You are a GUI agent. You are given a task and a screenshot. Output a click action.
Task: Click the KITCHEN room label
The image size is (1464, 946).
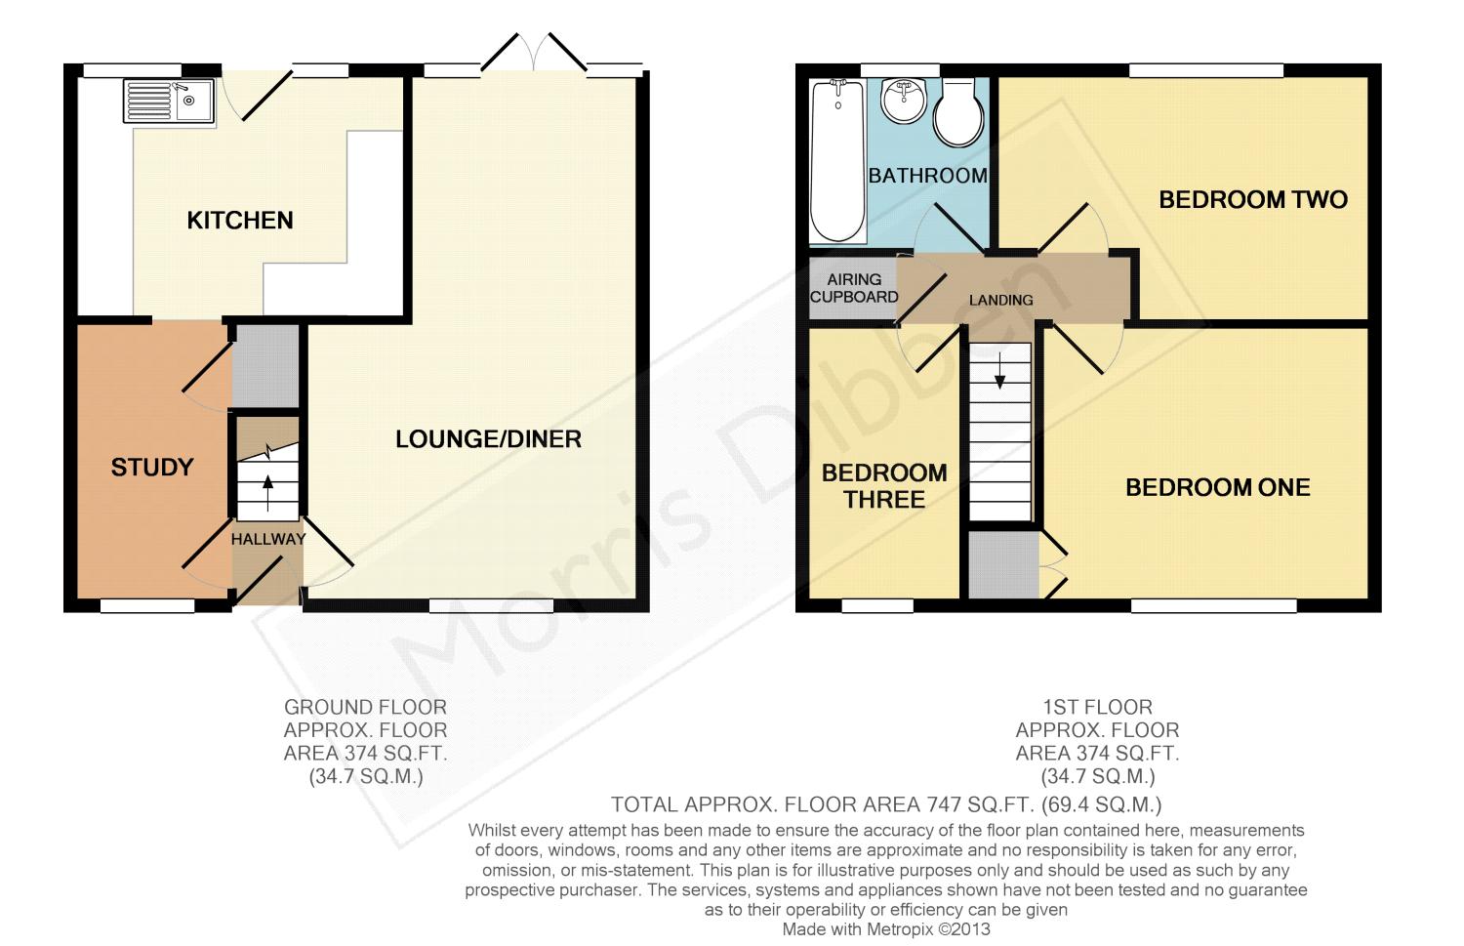(240, 221)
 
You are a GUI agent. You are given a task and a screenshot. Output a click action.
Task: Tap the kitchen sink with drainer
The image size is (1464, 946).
(169, 102)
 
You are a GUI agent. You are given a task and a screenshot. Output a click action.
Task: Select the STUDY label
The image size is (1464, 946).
(152, 468)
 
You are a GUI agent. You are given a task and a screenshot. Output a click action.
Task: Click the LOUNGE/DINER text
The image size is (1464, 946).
(488, 439)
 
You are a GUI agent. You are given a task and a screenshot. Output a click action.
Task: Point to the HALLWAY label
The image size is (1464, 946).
(268, 539)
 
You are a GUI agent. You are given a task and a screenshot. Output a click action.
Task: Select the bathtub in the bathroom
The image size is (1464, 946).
(836, 161)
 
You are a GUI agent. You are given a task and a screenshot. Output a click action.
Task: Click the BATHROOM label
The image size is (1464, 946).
(927, 176)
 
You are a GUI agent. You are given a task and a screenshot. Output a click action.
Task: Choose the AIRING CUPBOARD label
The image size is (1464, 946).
(854, 288)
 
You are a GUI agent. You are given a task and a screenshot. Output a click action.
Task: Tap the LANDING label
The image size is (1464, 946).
(1000, 300)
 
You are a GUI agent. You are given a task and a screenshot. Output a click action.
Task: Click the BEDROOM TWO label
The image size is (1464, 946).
(1252, 200)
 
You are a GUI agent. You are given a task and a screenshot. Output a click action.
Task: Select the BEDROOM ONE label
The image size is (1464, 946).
(1217, 488)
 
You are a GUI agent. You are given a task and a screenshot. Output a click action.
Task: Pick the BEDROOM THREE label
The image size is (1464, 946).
(884, 486)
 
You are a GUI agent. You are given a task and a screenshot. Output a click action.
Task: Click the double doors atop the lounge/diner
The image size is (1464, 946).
(533, 55)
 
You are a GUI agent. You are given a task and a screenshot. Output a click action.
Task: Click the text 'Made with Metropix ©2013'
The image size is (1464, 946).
(886, 929)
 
